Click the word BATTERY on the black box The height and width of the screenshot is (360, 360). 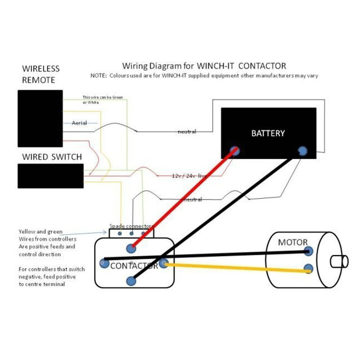tap(268, 133)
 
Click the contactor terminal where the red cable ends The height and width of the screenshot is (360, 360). tap(131, 248)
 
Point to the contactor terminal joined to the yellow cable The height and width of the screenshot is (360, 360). tap(163, 263)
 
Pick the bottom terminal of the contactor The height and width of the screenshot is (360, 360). tap(131, 281)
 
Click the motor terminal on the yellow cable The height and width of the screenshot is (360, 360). tap(308, 269)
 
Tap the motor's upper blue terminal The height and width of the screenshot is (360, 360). tap(309, 251)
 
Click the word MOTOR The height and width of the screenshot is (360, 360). tap(292, 242)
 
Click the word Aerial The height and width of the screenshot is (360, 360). tap(79, 123)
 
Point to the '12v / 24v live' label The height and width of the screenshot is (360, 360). tap(189, 175)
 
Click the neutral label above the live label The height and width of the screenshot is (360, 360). tap(187, 132)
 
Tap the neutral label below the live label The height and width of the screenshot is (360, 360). tap(193, 199)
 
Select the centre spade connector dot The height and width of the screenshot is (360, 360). tap(131, 234)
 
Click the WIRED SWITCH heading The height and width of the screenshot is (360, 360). tap(52, 157)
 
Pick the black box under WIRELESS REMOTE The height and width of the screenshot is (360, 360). tap(40, 118)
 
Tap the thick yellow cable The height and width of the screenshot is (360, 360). tap(234, 268)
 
